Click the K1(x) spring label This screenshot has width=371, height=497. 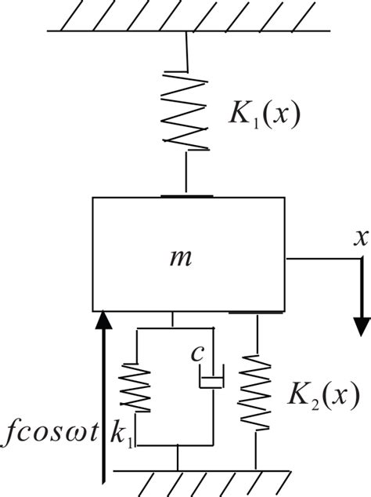click(x=261, y=116)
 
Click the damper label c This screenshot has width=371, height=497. click(x=198, y=354)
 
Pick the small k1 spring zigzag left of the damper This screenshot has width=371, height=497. click(x=138, y=386)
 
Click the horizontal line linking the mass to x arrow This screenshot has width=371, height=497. click(x=321, y=256)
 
